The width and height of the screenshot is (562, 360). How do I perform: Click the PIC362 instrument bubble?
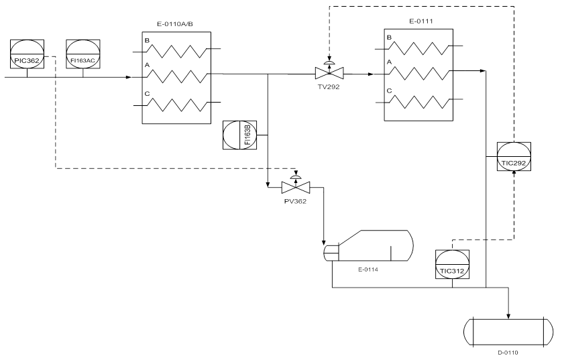click(x=27, y=56)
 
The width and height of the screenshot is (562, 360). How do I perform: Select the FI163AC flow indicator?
click(x=83, y=56)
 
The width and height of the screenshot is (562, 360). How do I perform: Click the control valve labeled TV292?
click(x=329, y=72)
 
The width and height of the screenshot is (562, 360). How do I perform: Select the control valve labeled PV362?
click(x=294, y=185)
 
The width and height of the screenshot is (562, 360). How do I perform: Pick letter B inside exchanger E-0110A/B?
click(x=148, y=40)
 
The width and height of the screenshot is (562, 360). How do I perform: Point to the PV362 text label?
click(x=294, y=200)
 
